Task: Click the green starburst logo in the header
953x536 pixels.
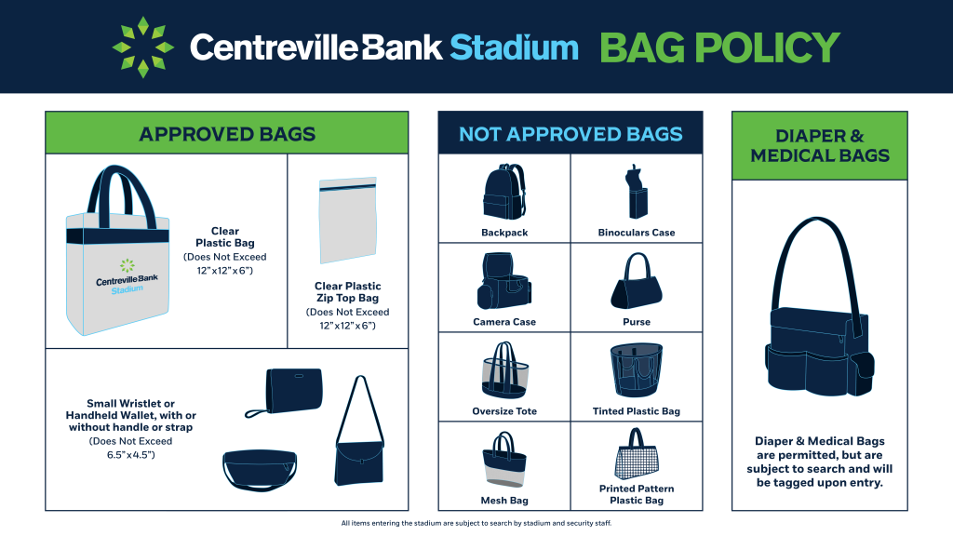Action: pos(142,47)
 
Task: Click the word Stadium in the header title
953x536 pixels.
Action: pos(514,47)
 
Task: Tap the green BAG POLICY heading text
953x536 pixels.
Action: pos(719,47)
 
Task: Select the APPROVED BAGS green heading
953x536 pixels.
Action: pos(227,134)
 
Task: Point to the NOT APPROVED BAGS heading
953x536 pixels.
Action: pos(570,134)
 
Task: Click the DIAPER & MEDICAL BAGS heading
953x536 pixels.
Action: pos(820,146)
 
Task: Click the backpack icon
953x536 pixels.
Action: pos(503,192)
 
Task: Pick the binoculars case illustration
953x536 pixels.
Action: pos(636,192)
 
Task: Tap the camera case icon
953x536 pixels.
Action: pos(503,281)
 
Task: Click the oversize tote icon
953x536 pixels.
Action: pos(505,370)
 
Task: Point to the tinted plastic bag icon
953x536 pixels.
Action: pos(637,370)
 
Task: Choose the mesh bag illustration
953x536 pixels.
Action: pos(504,460)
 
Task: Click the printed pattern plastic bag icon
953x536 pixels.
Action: pos(637,454)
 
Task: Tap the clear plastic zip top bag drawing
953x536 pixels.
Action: pos(348,220)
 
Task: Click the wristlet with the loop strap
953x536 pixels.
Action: pos(285,393)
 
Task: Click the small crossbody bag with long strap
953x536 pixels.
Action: pos(359,431)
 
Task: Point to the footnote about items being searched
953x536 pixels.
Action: pos(476,523)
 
